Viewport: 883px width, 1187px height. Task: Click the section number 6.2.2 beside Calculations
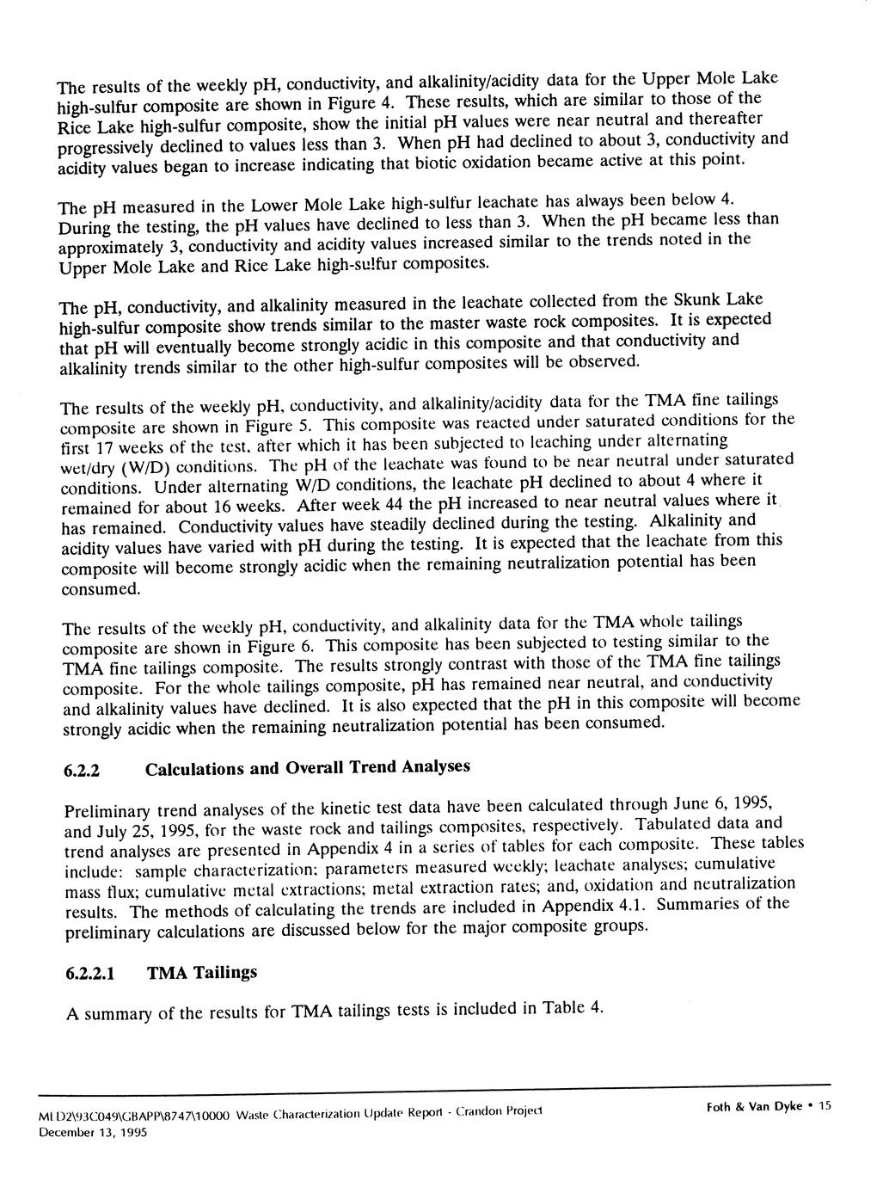[83, 771]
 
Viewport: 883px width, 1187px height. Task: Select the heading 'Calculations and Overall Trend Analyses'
[308, 767]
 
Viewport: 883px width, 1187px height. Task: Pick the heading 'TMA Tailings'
[202, 973]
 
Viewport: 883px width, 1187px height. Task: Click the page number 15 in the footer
[825, 1107]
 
